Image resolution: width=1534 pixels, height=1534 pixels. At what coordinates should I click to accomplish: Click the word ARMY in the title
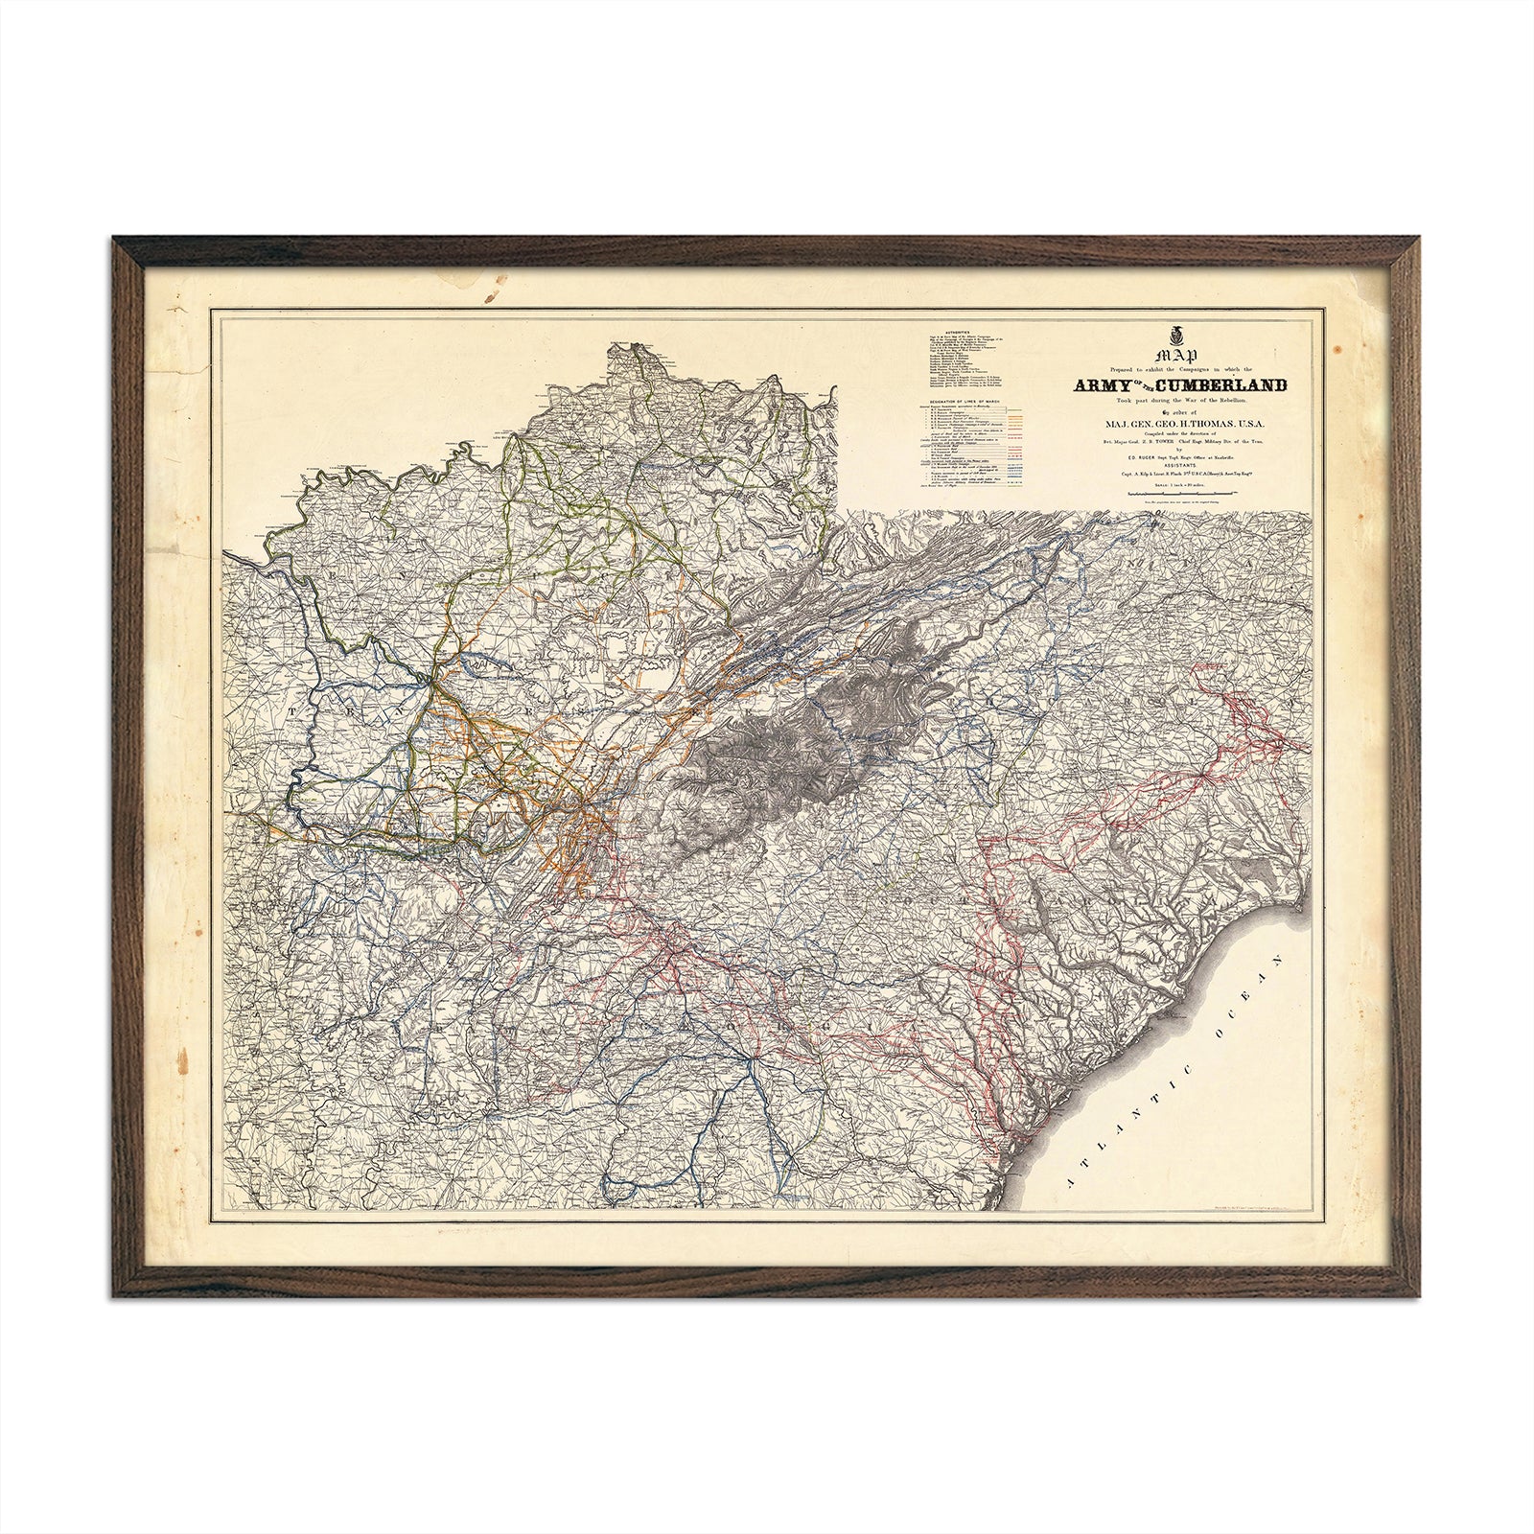(x=1104, y=385)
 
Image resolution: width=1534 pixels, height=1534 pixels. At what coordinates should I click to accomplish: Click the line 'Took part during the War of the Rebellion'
(x=1193, y=398)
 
